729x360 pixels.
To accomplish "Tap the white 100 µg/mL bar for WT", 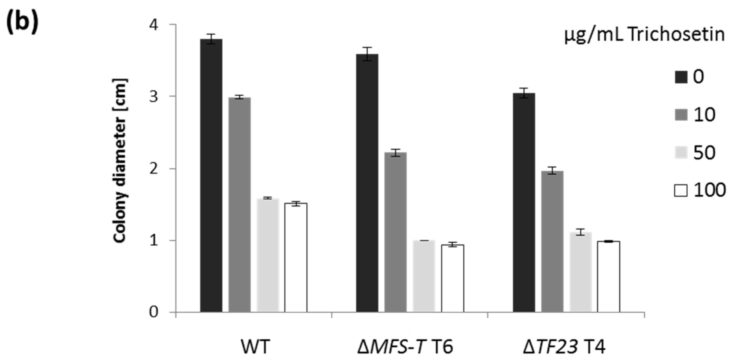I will (x=296, y=257).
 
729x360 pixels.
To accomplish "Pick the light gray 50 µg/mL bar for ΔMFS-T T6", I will (x=424, y=276).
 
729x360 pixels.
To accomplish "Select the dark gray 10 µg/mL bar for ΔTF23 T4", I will (x=552, y=241).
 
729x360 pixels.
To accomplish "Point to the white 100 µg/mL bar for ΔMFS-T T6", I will (x=452, y=278).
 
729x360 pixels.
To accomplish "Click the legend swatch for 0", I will (x=681, y=77).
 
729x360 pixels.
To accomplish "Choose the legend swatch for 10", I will (x=681, y=115).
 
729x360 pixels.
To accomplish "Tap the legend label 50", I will (x=704, y=153).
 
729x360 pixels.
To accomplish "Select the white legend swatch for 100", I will (x=681, y=191).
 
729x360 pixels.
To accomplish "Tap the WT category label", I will (x=255, y=347).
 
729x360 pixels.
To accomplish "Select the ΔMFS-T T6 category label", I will (x=405, y=347).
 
